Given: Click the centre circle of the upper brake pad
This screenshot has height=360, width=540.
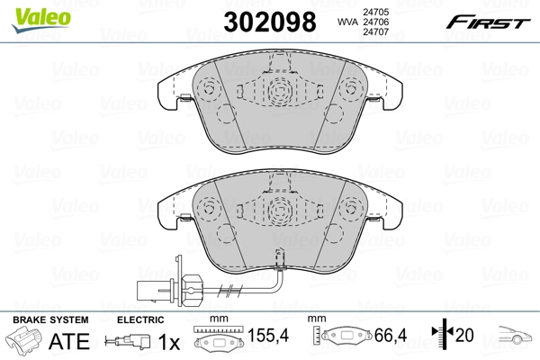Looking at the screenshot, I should tap(280, 88).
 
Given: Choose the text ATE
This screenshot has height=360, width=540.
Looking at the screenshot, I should tap(67, 342).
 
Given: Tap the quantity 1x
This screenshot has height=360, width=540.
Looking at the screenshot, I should tap(168, 342).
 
